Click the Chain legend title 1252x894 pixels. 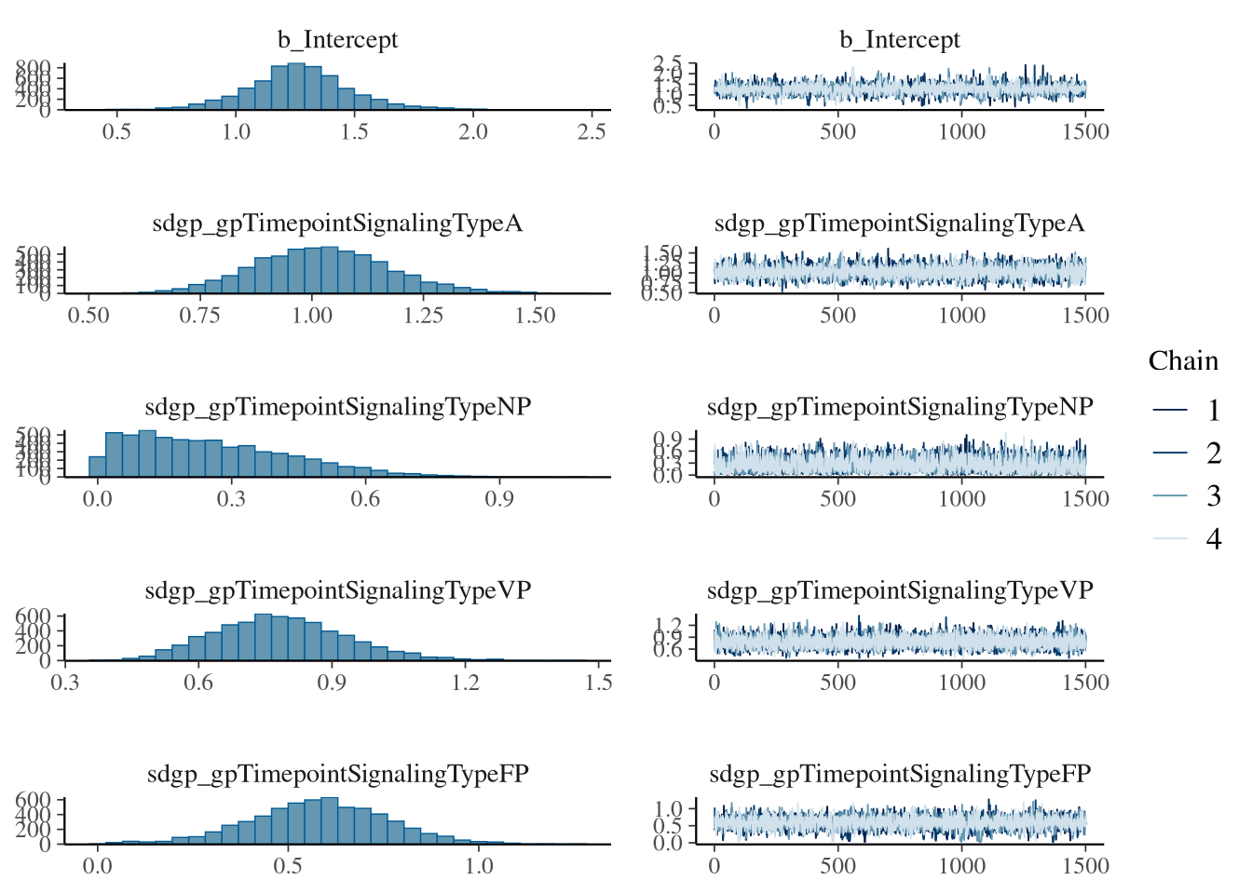point(1183,361)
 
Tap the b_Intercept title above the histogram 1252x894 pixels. point(337,40)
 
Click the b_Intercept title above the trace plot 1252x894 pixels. point(899,40)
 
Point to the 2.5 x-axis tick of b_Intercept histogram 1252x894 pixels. point(592,131)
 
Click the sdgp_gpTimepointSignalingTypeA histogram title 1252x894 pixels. point(337,223)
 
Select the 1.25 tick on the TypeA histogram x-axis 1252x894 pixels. point(423,315)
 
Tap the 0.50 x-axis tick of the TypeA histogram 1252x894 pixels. point(88,315)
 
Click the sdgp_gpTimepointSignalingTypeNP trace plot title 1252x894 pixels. point(899,407)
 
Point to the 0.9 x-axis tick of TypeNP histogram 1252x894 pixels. point(499,499)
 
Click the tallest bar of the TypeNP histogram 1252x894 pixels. point(147,454)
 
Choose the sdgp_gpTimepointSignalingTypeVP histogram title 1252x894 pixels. point(337,590)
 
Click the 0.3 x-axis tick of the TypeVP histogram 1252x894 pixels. point(65,683)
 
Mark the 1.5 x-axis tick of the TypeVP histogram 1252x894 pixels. point(599,683)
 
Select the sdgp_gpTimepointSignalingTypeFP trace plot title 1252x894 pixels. point(899,774)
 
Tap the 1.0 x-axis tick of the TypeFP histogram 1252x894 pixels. point(479,866)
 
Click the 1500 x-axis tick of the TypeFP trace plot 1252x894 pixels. point(1085,866)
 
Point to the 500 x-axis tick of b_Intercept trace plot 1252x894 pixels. point(837,131)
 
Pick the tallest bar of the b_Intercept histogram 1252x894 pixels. point(296,87)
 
